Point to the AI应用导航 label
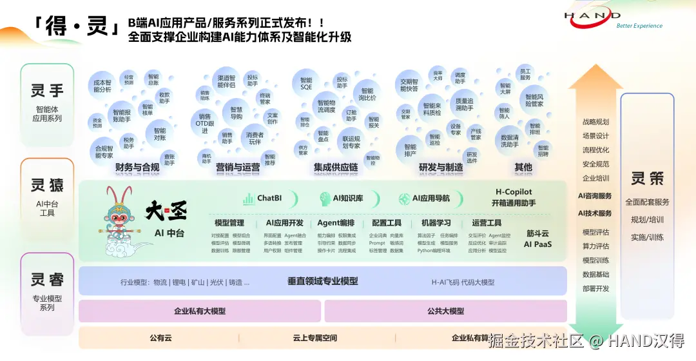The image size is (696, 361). pyautogui.click(x=425, y=199)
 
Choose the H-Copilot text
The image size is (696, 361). pyautogui.click(x=514, y=191)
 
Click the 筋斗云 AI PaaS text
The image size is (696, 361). pyautogui.click(x=537, y=239)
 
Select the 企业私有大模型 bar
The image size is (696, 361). pyautogui.click(x=199, y=311)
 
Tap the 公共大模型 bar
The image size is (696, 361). pyautogui.click(x=445, y=311)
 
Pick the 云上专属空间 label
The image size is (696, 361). pyautogui.click(x=314, y=338)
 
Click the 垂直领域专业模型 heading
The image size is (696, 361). pyautogui.click(x=322, y=282)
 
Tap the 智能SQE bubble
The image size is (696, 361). pyautogui.click(x=306, y=83)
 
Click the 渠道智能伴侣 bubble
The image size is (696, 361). pyautogui.click(x=226, y=81)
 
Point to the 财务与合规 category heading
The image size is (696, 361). pyautogui.click(x=137, y=168)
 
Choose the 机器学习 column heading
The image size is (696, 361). pyautogui.click(x=436, y=223)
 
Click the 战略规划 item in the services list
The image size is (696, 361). pyautogui.click(x=595, y=122)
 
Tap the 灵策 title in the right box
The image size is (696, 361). pyautogui.click(x=646, y=178)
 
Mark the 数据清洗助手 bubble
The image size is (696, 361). pyautogui.click(x=509, y=141)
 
